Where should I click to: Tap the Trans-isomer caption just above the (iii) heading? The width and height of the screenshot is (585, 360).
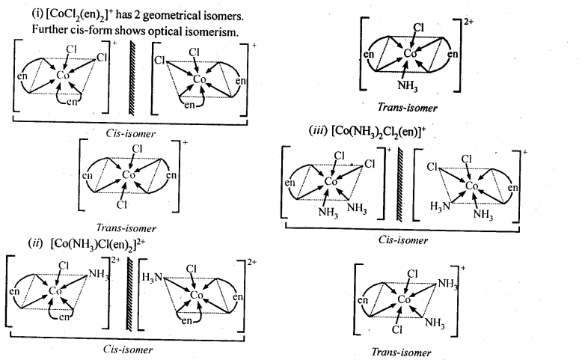(408, 107)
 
